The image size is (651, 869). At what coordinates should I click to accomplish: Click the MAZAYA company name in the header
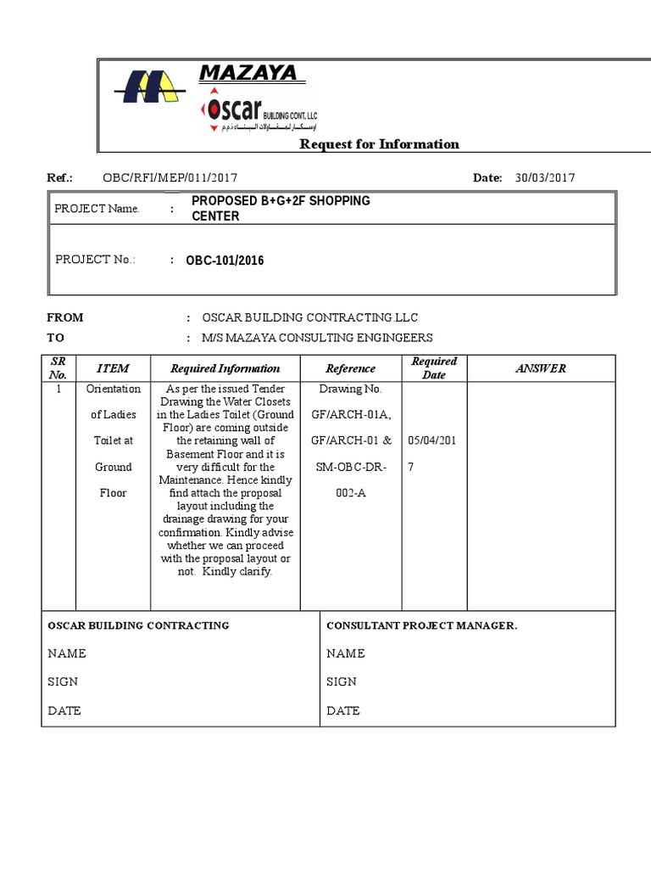tap(248, 74)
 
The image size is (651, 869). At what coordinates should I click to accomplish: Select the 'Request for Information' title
tap(379, 144)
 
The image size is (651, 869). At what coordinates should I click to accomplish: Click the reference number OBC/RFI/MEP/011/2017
tap(170, 177)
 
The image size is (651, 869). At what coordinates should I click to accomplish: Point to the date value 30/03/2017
tap(544, 177)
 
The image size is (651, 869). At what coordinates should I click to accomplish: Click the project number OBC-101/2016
tap(225, 261)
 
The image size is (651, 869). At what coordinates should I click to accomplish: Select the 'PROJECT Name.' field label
tap(97, 209)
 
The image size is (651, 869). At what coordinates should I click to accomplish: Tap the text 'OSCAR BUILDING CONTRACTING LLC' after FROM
tap(310, 317)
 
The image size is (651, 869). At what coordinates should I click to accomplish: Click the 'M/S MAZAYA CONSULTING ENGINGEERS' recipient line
tap(317, 338)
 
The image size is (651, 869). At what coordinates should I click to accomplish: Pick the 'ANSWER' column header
tap(541, 368)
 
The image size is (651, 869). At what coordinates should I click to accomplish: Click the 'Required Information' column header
tap(225, 368)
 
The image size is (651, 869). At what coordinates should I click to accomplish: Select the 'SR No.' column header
tap(58, 368)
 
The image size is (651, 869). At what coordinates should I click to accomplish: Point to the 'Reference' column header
tap(350, 368)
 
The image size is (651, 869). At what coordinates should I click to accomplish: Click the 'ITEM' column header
tap(113, 368)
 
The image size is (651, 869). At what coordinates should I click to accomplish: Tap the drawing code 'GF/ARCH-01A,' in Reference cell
tap(350, 415)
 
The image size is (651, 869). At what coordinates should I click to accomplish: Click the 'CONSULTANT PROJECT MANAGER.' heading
tap(421, 625)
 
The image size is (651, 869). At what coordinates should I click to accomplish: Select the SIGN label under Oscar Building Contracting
tap(63, 681)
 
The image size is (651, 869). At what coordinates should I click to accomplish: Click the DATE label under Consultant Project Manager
tap(343, 710)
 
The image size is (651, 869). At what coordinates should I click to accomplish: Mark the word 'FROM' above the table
tap(65, 317)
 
